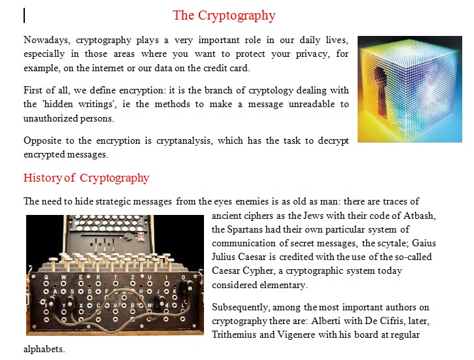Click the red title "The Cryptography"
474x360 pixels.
(224, 16)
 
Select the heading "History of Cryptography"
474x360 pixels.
(86, 178)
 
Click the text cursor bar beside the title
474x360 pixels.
(24, 16)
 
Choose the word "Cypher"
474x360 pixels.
(258, 271)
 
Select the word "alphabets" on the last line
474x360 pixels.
(44, 349)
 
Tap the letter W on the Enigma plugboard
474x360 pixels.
(63, 277)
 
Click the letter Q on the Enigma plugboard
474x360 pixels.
(46, 276)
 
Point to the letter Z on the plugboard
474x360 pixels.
(133, 277)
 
